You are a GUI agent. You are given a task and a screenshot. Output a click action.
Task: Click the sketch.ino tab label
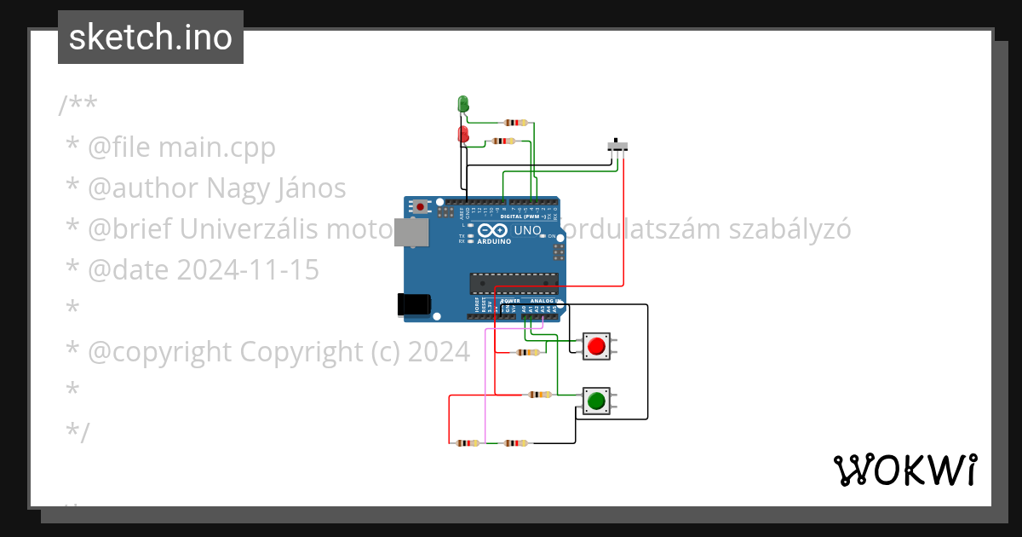coord(150,38)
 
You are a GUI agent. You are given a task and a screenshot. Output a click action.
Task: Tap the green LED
coord(463,104)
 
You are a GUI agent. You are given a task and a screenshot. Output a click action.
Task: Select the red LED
coord(463,135)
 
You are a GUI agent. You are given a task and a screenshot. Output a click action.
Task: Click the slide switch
coord(618,145)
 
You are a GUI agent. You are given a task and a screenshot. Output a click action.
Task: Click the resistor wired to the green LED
coord(516,123)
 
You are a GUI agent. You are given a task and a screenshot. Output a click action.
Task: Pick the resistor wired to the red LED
coord(504,141)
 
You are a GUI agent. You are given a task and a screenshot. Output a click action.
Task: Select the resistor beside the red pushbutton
coord(528,352)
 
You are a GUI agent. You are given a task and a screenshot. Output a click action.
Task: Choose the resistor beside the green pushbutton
coord(540,395)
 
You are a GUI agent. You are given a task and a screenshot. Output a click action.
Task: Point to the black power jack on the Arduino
coord(414,304)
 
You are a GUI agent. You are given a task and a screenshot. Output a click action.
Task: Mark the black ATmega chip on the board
coord(514,281)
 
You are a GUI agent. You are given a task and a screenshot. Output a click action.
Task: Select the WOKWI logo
coord(904,470)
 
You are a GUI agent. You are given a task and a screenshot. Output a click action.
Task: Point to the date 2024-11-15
coord(248,270)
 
